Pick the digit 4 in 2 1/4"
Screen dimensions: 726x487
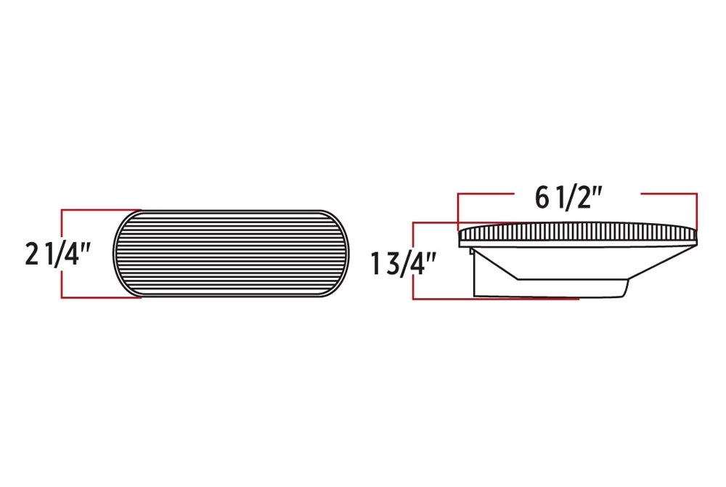[70, 255]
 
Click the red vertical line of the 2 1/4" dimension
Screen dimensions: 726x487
[62, 254]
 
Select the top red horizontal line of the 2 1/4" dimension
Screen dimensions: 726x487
[101, 210]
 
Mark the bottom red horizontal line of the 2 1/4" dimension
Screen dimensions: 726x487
[101, 297]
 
